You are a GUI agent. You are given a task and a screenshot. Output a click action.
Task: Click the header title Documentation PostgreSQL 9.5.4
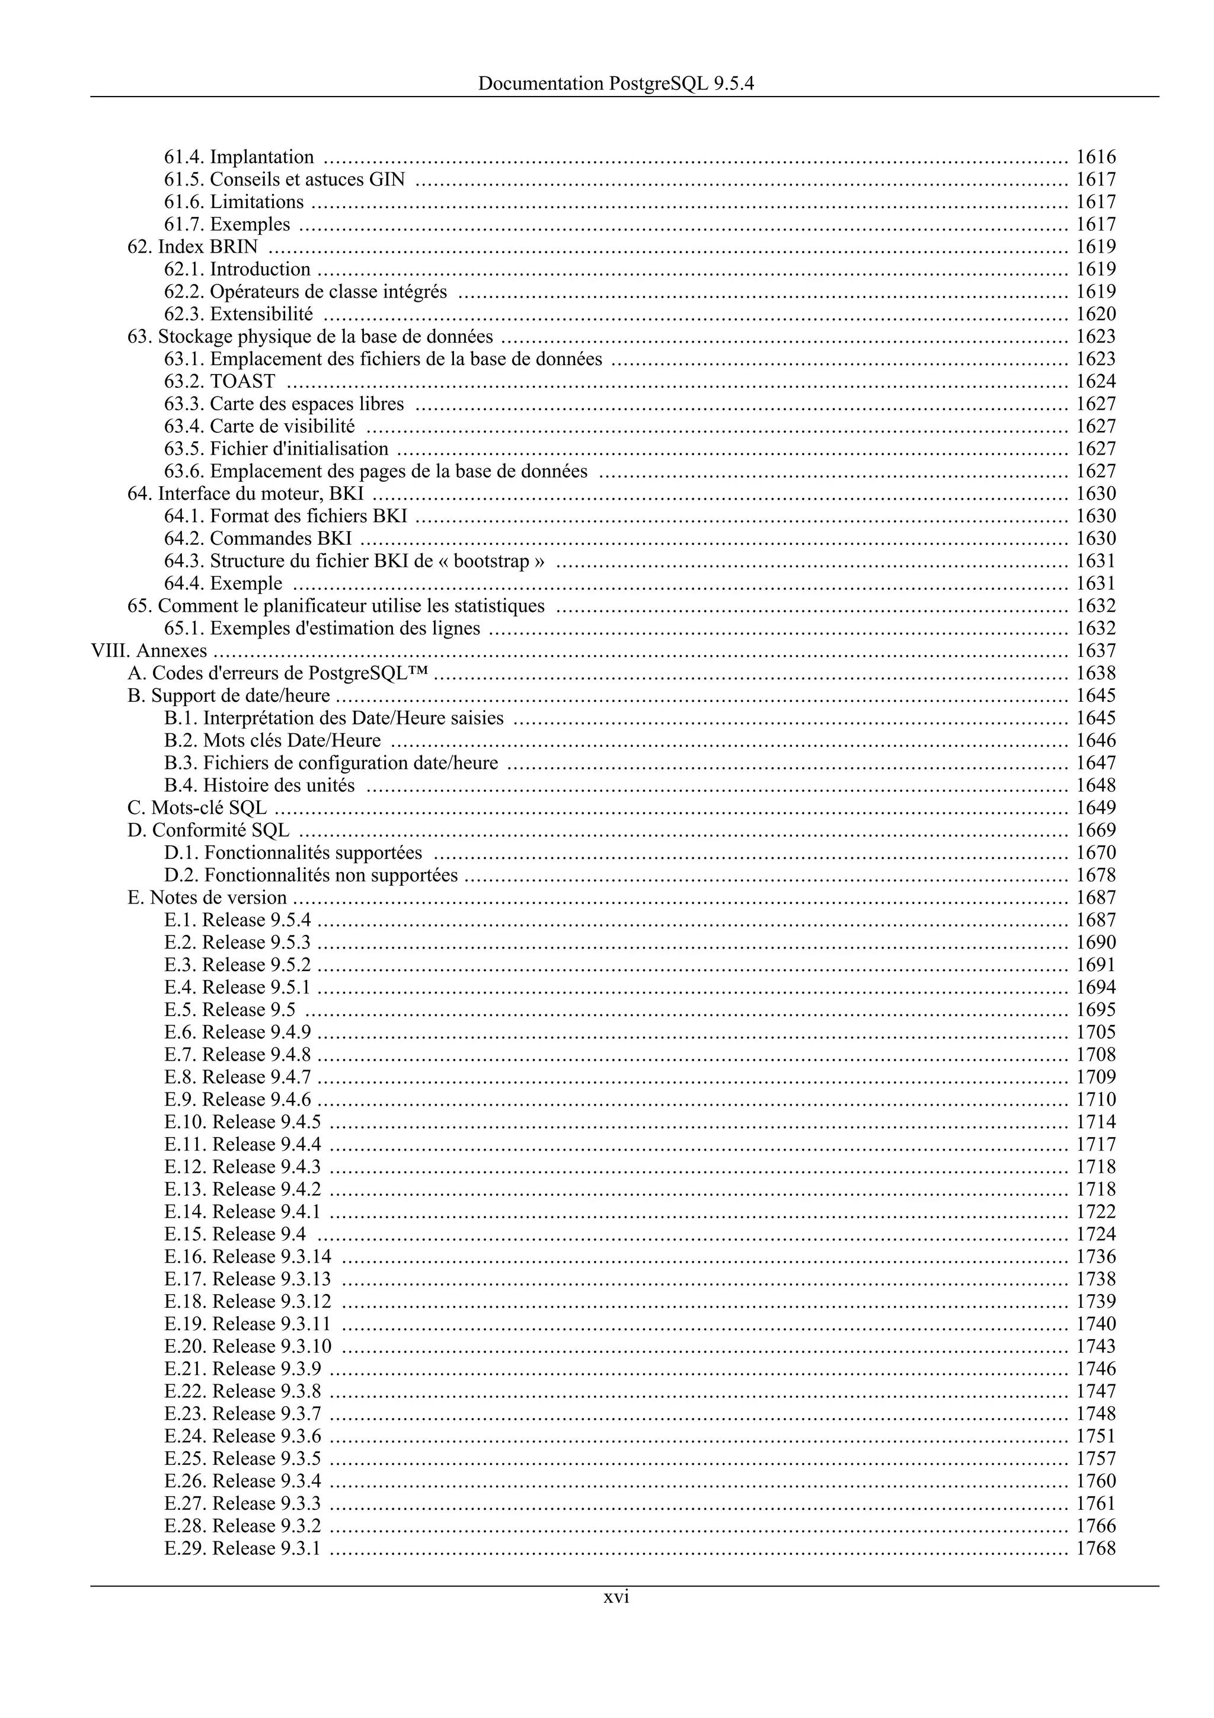point(616,84)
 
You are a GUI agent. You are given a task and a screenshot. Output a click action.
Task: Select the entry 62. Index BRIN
point(193,247)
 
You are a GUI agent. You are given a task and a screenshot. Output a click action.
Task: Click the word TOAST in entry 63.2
point(242,382)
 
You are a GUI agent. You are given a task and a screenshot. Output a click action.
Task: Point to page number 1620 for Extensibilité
point(1096,314)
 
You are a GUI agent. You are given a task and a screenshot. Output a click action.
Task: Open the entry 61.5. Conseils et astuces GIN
point(285,180)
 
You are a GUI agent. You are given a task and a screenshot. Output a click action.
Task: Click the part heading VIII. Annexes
point(149,651)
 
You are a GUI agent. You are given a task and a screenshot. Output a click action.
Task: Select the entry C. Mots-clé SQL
point(197,808)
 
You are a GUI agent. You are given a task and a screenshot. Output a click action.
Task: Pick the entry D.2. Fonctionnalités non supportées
point(311,876)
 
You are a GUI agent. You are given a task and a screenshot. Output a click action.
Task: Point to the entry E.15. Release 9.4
point(235,1235)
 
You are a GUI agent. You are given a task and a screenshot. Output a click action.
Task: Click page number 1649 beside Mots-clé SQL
point(1096,808)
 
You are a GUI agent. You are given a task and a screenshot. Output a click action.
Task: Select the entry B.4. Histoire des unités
point(260,785)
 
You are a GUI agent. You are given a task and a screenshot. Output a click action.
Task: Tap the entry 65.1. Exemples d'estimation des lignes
point(322,628)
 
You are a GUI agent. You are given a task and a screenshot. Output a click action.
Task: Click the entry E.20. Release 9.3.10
point(248,1347)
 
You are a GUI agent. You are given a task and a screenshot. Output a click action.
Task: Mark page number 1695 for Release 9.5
point(1096,1010)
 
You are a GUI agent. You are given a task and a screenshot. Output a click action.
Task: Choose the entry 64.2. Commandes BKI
point(258,539)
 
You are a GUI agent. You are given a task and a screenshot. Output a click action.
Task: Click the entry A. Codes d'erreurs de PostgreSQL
point(278,673)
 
